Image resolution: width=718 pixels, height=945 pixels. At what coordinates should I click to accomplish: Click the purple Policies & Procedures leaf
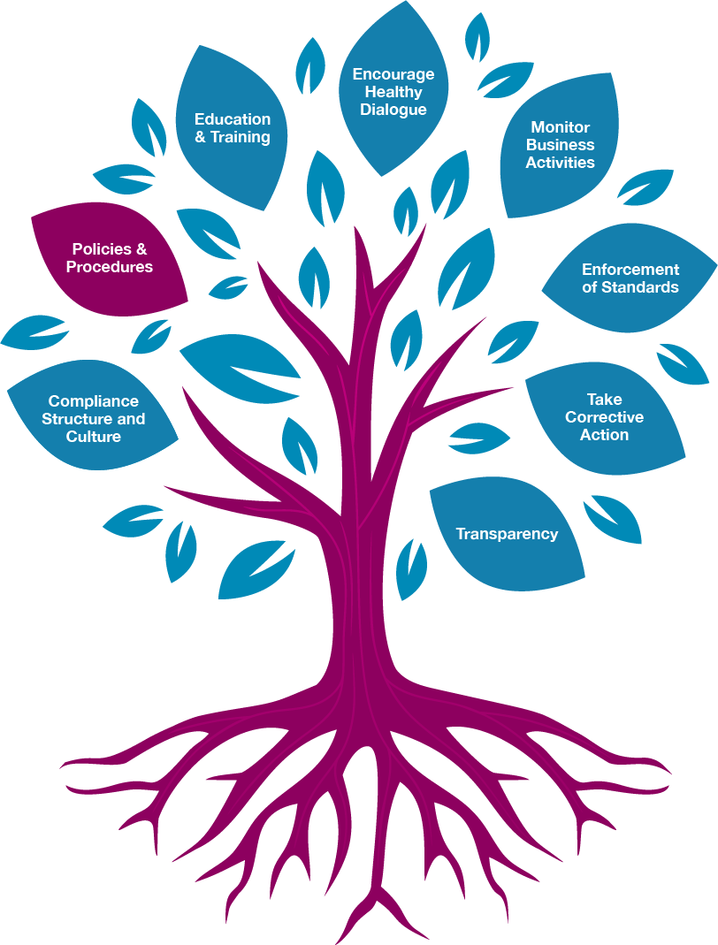click(x=109, y=258)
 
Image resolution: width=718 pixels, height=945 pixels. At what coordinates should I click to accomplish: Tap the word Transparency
click(x=507, y=534)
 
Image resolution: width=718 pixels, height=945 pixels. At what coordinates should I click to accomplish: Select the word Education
click(x=232, y=119)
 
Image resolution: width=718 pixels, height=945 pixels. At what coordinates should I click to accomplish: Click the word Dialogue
click(x=393, y=110)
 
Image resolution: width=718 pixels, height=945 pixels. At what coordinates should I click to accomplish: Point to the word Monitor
click(x=560, y=127)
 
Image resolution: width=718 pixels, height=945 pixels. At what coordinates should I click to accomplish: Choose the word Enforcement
click(x=630, y=270)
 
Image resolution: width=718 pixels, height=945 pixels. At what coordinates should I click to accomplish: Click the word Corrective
click(x=604, y=417)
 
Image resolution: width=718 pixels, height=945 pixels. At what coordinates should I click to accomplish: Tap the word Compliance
click(x=94, y=401)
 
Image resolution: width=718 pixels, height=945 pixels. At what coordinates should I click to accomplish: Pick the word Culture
click(x=94, y=437)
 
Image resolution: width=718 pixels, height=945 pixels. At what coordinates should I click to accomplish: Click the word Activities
click(x=560, y=162)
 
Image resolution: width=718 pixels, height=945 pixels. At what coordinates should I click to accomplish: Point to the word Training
click(x=240, y=137)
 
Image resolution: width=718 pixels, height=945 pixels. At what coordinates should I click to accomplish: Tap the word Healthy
click(x=393, y=92)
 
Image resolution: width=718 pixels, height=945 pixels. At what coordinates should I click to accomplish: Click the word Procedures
click(x=109, y=267)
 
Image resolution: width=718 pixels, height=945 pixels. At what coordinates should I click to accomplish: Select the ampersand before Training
click(x=200, y=137)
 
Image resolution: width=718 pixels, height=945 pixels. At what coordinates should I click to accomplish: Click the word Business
click(x=560, y=145)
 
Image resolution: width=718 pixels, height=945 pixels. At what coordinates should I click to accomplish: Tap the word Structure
click(x=75, y=419)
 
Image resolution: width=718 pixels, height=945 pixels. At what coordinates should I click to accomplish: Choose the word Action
click(x=604, y=435)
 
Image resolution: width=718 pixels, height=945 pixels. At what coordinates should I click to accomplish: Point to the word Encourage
click(x=393, y=75)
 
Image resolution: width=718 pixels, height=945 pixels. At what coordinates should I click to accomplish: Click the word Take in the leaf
click(x=604, y=400)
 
